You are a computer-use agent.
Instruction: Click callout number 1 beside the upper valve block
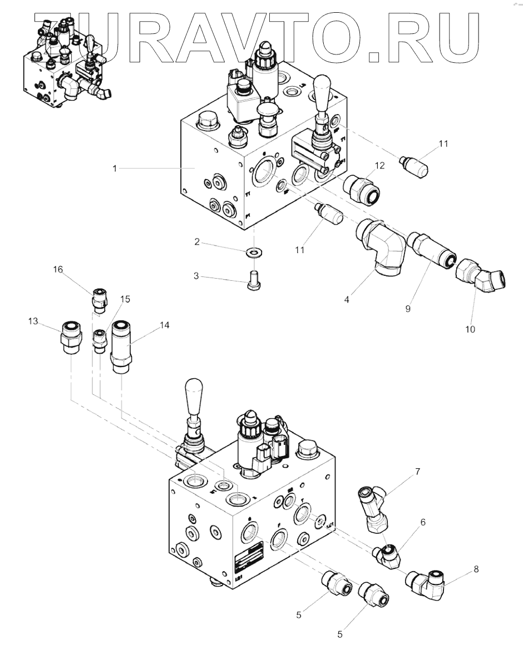pyautogui.click(x=115, y=168)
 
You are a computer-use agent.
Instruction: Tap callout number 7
pyautogui.click(x=417, y=473)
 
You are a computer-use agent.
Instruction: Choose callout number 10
pyautogui.click(x=470, y=330)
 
